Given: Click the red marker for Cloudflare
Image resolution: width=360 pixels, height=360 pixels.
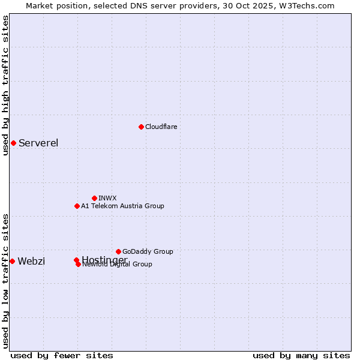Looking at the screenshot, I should tap(141, 127).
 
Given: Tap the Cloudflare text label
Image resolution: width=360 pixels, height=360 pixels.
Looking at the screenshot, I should tap(161, 127).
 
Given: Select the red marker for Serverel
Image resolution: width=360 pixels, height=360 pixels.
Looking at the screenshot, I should tap(13, 143).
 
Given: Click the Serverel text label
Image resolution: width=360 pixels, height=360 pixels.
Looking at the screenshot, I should tap(38, 143).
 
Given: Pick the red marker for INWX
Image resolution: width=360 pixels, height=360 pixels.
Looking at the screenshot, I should tap(94, 198).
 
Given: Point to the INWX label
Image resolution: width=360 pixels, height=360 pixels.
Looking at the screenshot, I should tap(107, 198).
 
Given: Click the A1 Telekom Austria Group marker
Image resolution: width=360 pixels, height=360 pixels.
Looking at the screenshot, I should tap(77, 206).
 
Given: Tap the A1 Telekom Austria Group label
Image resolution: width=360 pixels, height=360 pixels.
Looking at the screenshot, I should tap(122, 206).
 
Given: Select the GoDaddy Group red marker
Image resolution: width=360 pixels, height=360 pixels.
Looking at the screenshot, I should tap(118, 251).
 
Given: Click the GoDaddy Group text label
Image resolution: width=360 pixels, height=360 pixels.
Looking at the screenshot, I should tap(148, 251).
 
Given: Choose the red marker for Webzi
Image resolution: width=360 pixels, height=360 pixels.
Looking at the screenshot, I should tap(12, 261).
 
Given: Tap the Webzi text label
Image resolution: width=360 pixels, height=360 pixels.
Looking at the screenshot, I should tap(31, 261).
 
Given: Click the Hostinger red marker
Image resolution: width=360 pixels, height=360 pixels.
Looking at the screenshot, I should tap(76, 260).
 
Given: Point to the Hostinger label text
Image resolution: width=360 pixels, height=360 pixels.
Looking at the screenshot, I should tap(104, 259).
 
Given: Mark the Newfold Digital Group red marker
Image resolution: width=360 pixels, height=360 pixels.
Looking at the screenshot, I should tap(79, 265).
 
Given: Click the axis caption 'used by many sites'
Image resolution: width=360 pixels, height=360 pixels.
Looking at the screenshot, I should tap(301, 356).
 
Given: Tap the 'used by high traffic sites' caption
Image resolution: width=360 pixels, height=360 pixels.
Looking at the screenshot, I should tap(5, 85).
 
